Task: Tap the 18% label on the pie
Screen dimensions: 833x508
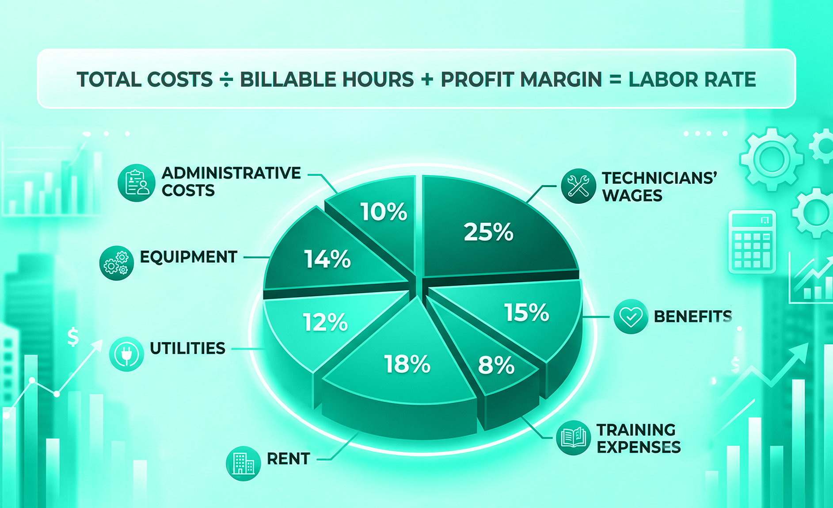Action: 407,364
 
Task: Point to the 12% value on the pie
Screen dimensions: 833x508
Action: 325,322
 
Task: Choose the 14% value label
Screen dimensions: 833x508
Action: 327,259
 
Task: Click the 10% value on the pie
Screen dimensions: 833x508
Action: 383,212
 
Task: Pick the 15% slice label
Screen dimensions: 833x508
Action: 527,313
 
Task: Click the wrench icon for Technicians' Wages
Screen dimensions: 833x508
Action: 578,186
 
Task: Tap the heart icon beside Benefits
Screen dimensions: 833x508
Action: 631,317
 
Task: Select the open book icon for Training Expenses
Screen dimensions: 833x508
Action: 573,438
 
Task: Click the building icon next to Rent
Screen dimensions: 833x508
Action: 243,463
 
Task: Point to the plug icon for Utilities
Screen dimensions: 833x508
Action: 126,354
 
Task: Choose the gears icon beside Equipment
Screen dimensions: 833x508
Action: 116,263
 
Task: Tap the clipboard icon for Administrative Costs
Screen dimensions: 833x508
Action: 137,183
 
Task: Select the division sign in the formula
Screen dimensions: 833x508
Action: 226,80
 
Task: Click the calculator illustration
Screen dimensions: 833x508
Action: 752,241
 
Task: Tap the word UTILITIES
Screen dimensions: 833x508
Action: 188,348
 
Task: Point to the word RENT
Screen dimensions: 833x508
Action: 289,459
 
